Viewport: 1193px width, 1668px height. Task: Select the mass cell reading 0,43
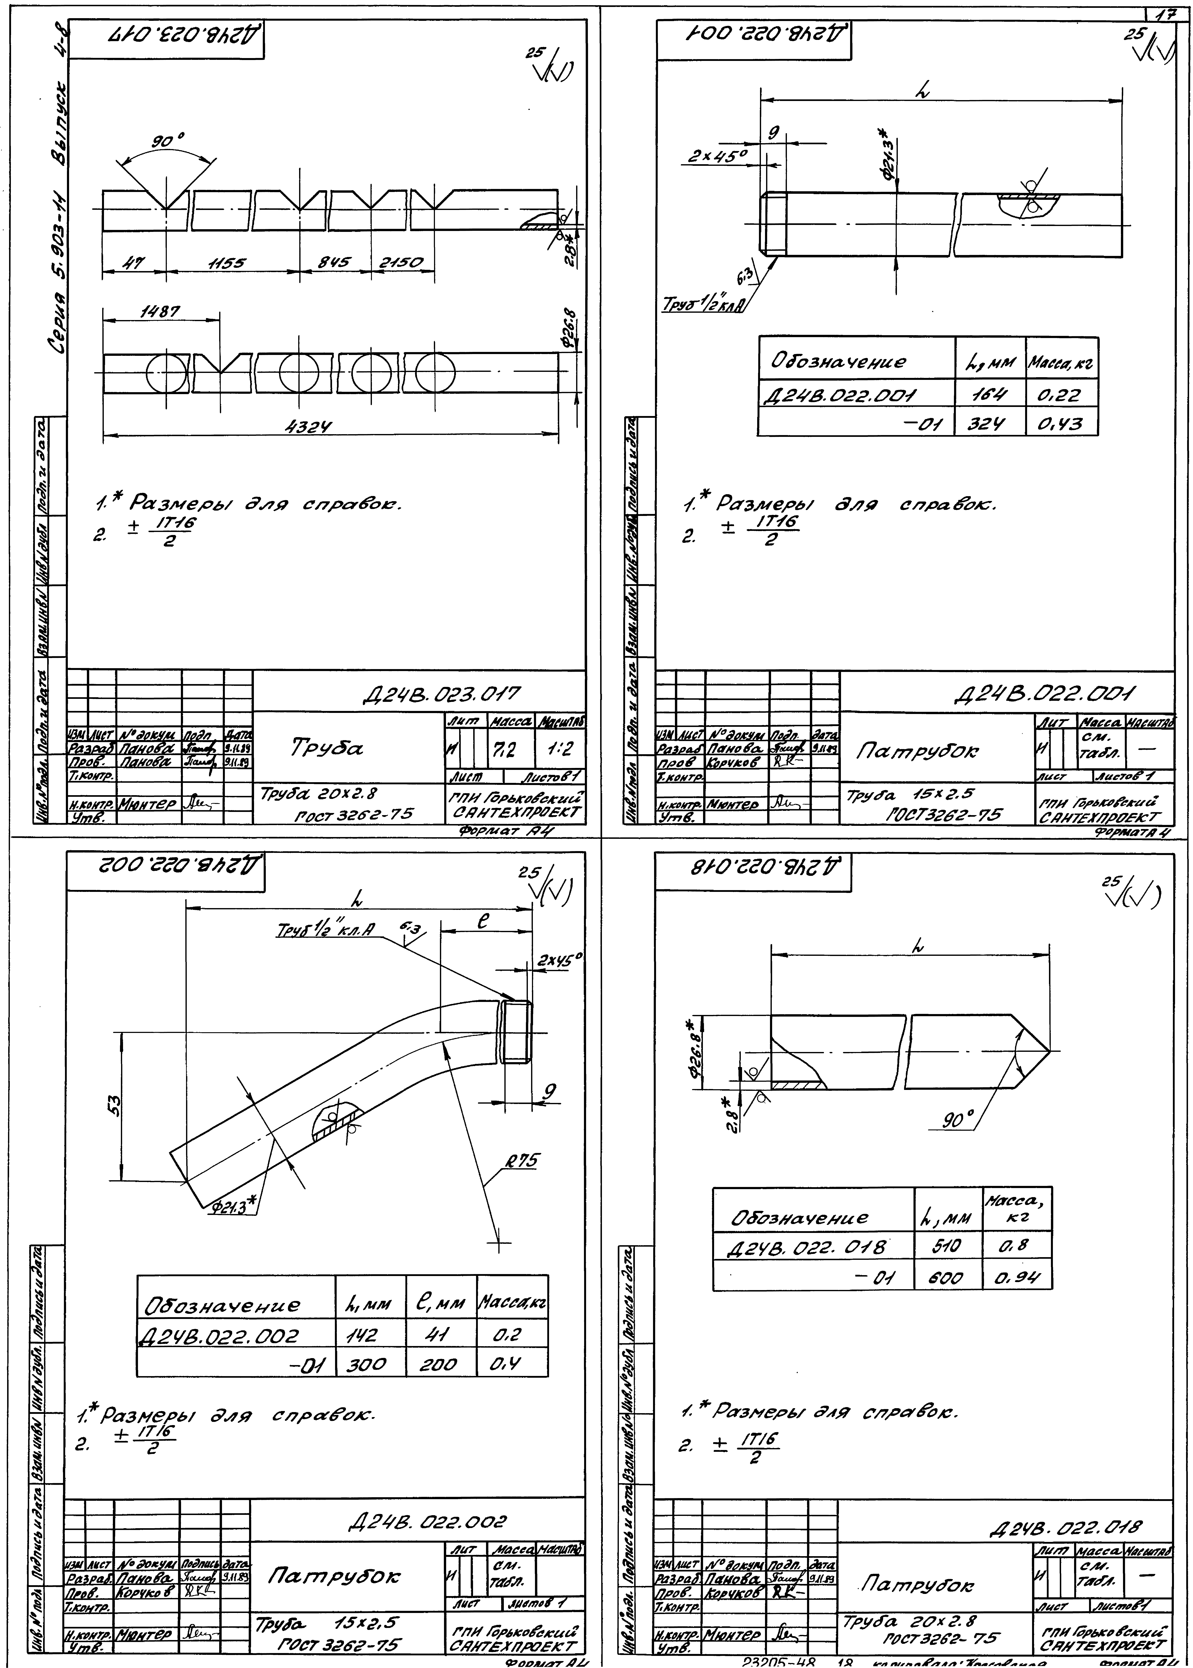[x=1059, y=424]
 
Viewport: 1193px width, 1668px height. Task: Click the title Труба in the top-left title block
[x=328, y=748]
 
